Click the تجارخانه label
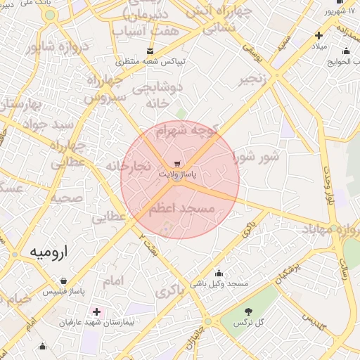[x=128, y=166]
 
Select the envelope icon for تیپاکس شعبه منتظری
[x=150, y=51]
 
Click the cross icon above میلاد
[x=319, y=35]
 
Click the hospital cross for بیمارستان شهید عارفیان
[x=96, y=311]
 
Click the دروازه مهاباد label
[x=330, y=229]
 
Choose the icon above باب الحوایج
[x=345, y=51]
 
